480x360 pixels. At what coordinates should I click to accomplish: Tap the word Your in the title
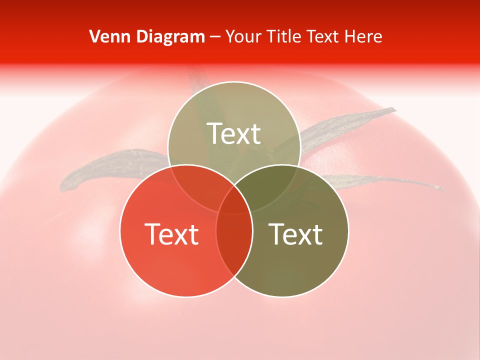point(243,36)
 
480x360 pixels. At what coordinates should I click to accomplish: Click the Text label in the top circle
point(234,133)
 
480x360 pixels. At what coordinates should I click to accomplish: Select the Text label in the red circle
point(171,234)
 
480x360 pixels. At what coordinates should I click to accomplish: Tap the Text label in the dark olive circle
point(295,234)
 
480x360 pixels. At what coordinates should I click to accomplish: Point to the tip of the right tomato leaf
point(441,188)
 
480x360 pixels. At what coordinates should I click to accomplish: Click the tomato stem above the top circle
point(197,77)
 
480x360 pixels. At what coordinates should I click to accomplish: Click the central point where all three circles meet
point(234,200)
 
